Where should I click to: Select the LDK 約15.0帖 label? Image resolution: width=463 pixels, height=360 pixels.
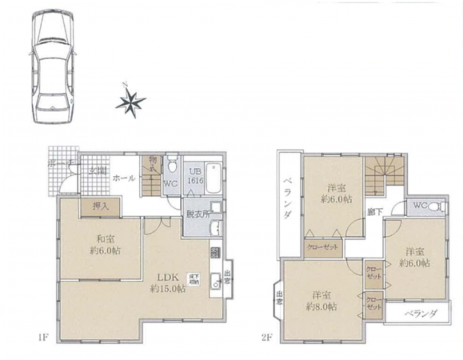(x=169, y=283)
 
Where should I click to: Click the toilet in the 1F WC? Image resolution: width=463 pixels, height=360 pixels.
(x=171, y=167)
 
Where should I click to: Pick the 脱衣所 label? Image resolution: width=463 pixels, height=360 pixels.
(x=198, y=214)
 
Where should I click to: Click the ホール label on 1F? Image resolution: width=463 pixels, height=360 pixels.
(x=123, y=178)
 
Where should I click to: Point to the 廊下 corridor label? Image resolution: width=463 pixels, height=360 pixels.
(x=373, y=211)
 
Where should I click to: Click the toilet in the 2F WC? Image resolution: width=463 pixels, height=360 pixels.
(x=433, y=207)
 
